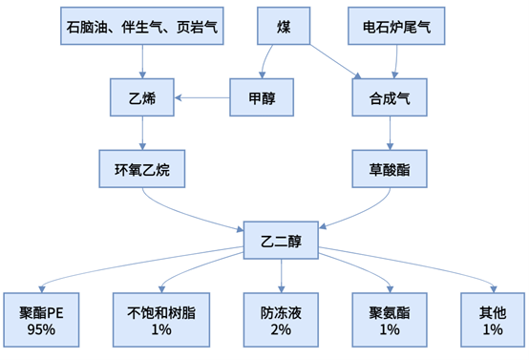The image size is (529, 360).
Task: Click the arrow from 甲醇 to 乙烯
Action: [201, 96]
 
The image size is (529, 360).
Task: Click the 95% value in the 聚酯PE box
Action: [41, 329]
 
